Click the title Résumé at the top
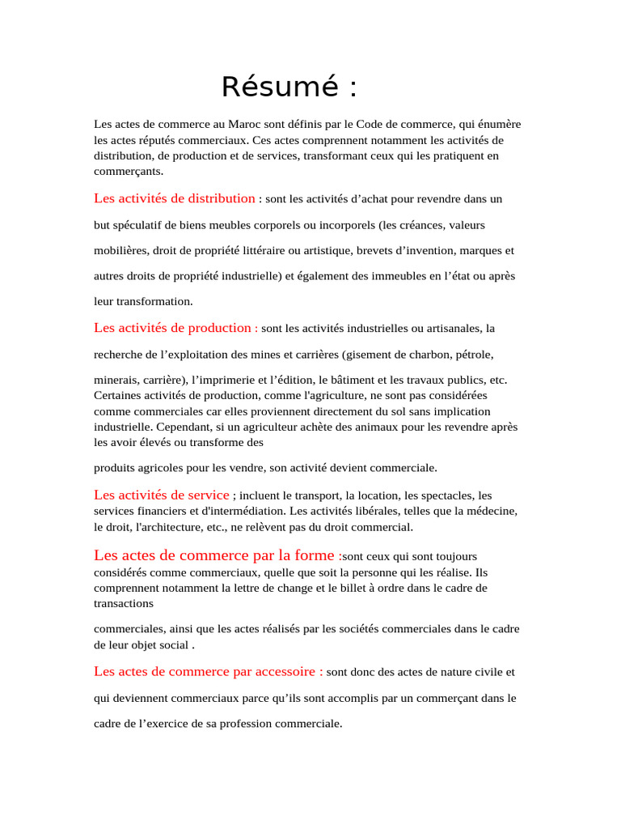click(289, 87)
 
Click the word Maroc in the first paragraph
click(245, 125)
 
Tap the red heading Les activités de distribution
click(175, 198)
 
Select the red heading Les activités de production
click(175, 328)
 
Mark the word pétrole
click(475, 355)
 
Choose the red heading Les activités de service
click(162, 495)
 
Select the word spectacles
click(447, 495)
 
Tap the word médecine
click(492, 511)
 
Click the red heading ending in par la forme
click(214, 555)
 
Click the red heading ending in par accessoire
click(209, 671)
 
